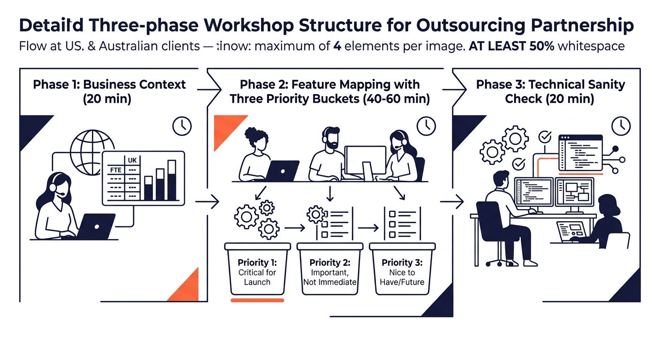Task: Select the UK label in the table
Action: click(132, 160)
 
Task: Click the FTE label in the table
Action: click(115, 170)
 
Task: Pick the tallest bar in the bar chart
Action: click(172, 180)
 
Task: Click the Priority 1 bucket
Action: click(257, 269)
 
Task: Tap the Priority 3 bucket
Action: click(402, 269)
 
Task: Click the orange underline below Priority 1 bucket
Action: click(257, 300)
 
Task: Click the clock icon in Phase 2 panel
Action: click(426, 125)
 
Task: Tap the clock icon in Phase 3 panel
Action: click(621, 125)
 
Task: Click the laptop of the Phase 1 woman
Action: click(97, 226)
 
